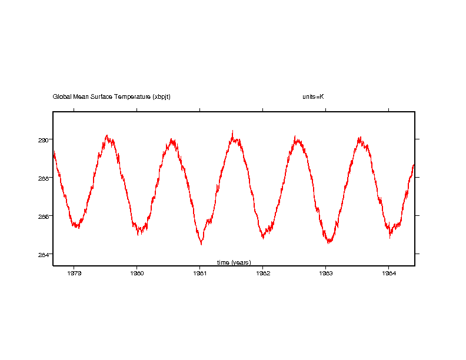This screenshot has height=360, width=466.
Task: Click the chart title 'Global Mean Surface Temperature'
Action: tap(102, 96)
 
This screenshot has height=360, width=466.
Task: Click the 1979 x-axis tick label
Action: tap(74, 273)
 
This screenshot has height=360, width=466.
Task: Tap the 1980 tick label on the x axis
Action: tap(137, 273)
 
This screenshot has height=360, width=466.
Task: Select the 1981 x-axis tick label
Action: tap(200, 273)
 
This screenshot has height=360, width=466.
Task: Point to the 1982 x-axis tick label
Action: tap(262, 273)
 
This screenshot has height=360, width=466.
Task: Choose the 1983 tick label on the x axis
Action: tap(325, 273)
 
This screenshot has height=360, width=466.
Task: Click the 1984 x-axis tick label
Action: tap(388, 273)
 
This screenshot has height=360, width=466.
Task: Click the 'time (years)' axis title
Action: tap(234, 262)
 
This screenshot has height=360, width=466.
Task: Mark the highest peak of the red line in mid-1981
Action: tap(232, 131)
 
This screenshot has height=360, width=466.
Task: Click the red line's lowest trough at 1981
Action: tap(201, 244)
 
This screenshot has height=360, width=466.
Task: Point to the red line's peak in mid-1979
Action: tap(106, 135)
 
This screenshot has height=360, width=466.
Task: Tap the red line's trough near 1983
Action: tap(329, 242)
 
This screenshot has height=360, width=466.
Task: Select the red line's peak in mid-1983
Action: tap(359, 137)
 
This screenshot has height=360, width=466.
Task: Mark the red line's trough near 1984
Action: tap(390, 237)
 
